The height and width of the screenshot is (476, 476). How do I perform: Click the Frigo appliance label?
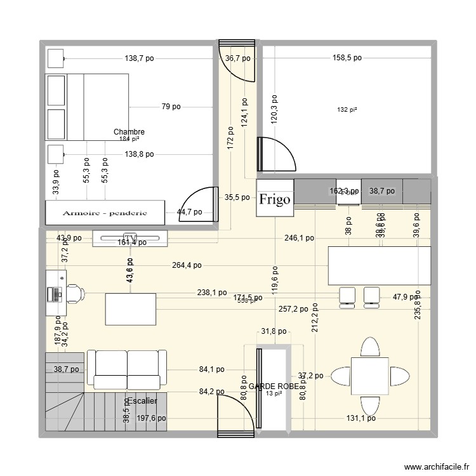275,199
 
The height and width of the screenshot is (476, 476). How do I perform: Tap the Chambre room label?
129,132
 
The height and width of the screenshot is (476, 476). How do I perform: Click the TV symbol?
131,237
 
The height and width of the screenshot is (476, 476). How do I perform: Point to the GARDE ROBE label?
274,386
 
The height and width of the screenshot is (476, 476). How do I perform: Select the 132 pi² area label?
347,110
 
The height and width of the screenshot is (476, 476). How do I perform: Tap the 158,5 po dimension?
347,58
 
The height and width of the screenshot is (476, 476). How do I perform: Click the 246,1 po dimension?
299,238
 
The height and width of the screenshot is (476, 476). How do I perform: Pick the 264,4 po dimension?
187,265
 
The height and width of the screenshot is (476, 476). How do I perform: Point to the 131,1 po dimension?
360,418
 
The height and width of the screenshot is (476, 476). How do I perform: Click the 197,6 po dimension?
151,418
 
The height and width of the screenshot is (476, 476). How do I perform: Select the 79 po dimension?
171,107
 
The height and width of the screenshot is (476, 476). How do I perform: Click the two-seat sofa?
127,369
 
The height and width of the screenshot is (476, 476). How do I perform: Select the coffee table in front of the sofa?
131,309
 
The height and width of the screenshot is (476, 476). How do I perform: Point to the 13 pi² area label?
274,393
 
